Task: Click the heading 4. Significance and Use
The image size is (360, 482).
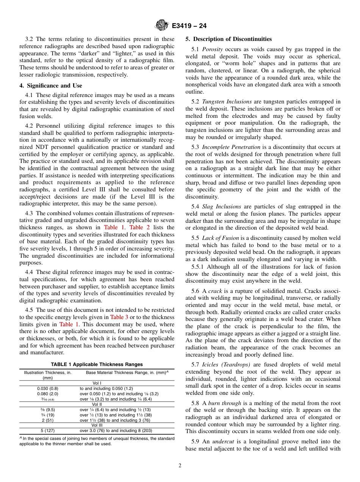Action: tap(51, 86)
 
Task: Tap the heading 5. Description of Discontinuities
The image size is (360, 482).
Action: tap(229, 39)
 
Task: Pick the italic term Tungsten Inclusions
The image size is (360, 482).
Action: tap(227, 102)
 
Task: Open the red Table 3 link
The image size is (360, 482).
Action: tap(119, 317)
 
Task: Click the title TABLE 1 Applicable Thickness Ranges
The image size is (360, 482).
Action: tap(97, 365)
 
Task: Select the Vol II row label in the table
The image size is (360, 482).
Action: tap(97, 404)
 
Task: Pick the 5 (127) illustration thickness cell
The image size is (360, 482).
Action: tap(47, 430)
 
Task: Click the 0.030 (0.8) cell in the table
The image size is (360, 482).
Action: tap(47, 388)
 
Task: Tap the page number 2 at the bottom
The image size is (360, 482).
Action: tap(180, 466)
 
